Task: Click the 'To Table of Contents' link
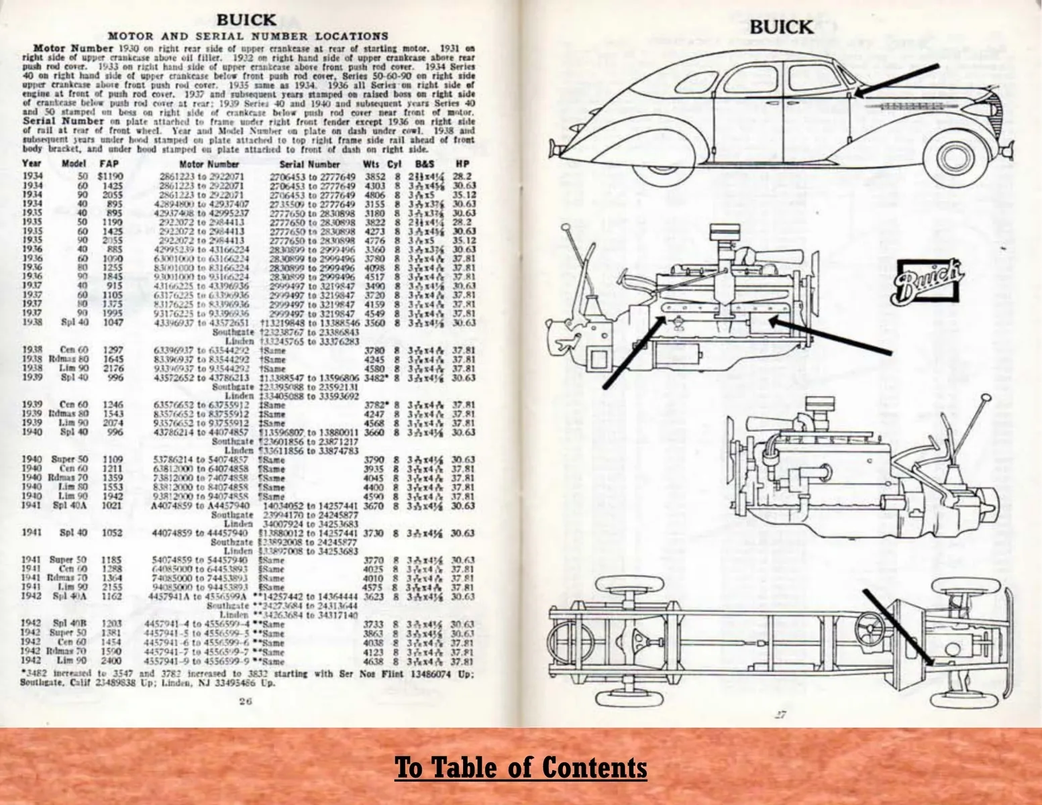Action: coord(521,766)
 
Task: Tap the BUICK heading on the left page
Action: coord(246,20)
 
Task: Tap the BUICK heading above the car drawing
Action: coord(780,28)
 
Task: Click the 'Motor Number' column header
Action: coord(209,163)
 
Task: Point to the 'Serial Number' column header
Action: coord(309,163)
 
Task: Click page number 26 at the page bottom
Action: coord(245,702)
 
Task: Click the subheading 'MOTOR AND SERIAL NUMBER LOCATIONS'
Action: coord(248,36)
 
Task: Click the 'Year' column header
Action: coord(31,163)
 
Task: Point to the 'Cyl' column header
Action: coord(397,163)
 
